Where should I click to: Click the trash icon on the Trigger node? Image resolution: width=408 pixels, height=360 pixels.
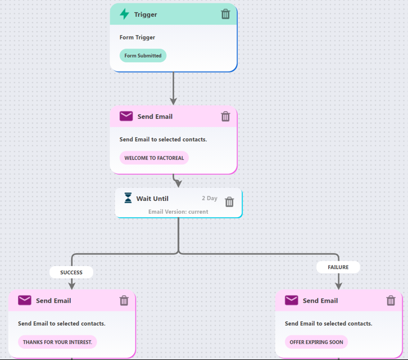[225, 15]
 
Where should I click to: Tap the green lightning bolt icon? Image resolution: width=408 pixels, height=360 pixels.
[124, 14]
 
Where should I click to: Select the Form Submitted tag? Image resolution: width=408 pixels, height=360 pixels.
[143, 56]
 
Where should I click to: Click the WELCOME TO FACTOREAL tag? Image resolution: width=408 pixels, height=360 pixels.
[154, 158]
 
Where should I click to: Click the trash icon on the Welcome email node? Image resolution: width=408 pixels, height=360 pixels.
[225, 116]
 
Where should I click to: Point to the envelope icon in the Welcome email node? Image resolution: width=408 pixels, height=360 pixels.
[126, 116]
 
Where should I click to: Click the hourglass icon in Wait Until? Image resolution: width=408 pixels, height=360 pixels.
[128, 198]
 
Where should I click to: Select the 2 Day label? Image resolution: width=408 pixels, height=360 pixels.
[210, 198]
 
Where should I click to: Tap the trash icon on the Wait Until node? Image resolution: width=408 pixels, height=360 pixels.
[229, 202]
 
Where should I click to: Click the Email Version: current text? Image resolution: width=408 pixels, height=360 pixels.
[178, 211]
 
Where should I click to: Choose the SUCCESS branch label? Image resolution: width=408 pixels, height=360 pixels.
[71, 272]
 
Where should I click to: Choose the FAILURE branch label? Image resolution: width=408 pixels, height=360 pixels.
[338, 267]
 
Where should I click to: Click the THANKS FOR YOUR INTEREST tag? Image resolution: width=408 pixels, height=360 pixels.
[57, 342]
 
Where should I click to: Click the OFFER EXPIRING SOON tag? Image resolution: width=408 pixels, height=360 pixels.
[316, 342]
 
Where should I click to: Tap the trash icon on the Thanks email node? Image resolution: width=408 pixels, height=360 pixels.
[124, 300]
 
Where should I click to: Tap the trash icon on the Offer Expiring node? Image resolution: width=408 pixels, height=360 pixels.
[391, 300]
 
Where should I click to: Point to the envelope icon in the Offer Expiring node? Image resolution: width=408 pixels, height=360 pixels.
[291, 300]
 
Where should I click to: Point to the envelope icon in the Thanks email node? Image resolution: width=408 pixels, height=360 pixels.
[24, 300]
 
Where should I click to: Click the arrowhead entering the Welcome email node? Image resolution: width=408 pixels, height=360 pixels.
[173, 101]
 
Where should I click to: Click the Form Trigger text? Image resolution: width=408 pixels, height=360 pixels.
[137, 38]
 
